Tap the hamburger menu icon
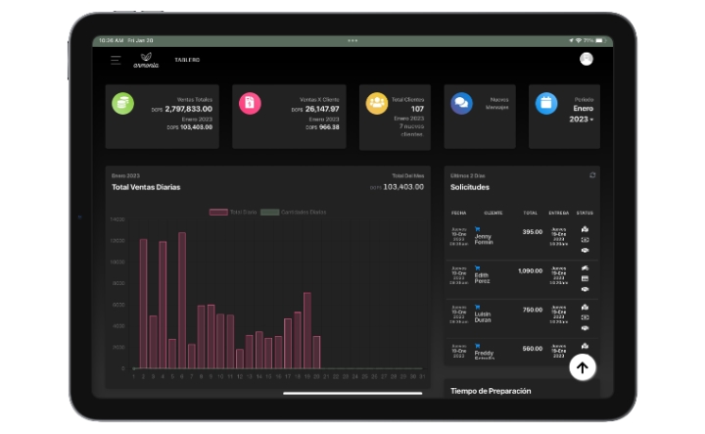[116, 60]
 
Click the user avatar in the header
[586, 59]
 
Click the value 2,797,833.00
[189, 109]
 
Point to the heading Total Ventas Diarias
[146, 186]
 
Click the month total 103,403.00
[402, 186]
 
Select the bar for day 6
[182, 300]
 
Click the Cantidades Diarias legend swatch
[269, 212]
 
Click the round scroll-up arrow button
[583, 367]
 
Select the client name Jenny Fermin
[484, 239]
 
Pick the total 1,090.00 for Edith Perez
[530, 270]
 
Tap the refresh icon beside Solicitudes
[591, 175]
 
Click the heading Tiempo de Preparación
[491, 390]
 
